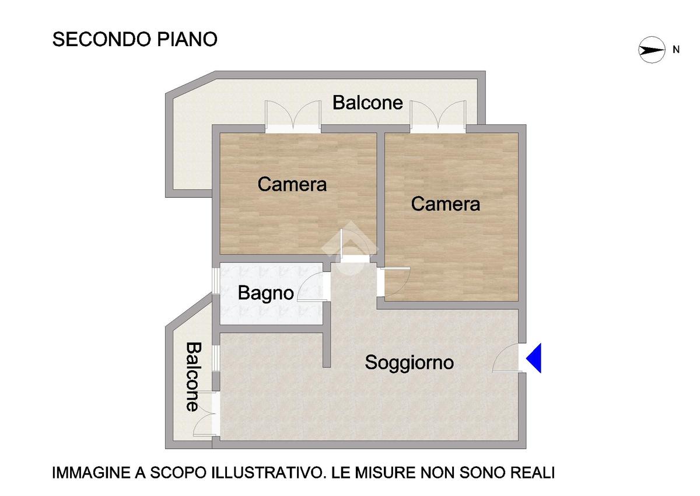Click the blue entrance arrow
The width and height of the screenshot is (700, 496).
click(x=535, y=358)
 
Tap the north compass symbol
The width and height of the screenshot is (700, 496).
click(x=652, y=50)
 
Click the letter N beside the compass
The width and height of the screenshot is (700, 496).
click(x=676, y=50)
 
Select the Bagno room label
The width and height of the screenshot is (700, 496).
click(x=265, y=294)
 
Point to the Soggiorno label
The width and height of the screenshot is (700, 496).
click(x=409, y=363)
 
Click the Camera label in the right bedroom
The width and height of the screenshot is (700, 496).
click(x=445, y=204)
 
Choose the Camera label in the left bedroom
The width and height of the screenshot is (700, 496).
click(x=292, y=184)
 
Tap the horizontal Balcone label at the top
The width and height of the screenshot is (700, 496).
click(x=367, y=103)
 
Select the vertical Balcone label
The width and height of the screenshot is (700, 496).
click(x=194, y=376)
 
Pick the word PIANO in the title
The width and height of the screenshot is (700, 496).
click(x=187, y=39)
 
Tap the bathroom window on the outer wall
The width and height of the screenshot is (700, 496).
click(x=216, y=281)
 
